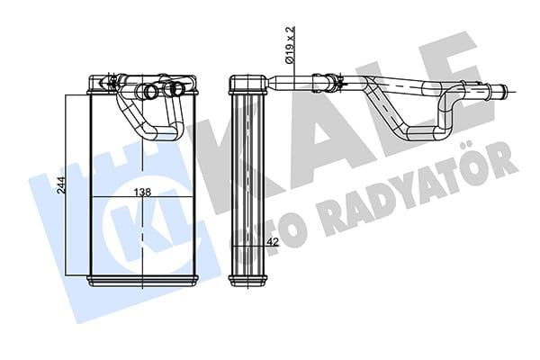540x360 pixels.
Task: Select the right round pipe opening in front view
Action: click(173, 90)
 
